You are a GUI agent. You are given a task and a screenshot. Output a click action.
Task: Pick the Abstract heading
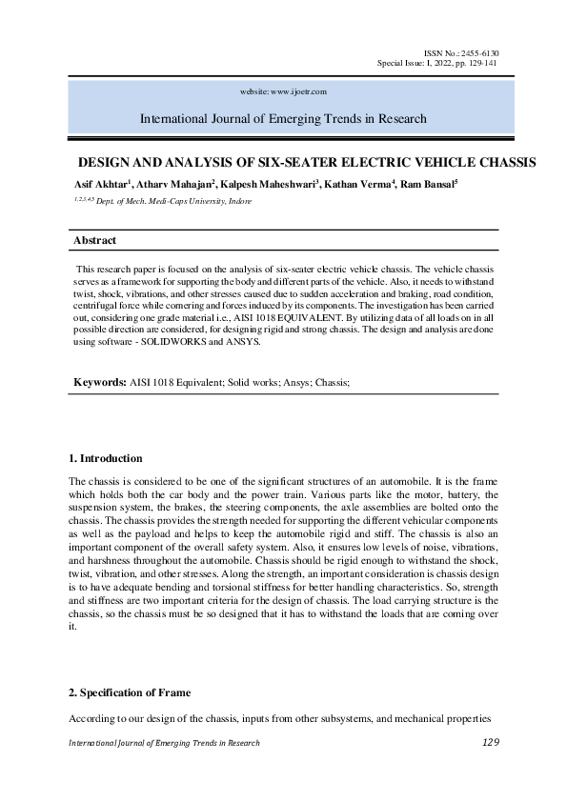coord(95,241)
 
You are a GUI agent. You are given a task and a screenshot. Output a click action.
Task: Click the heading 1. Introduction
coord(107,459)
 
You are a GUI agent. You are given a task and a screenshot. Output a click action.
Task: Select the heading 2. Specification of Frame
coord(133,692)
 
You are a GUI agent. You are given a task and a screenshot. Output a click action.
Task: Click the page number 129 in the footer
coord(491,742)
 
